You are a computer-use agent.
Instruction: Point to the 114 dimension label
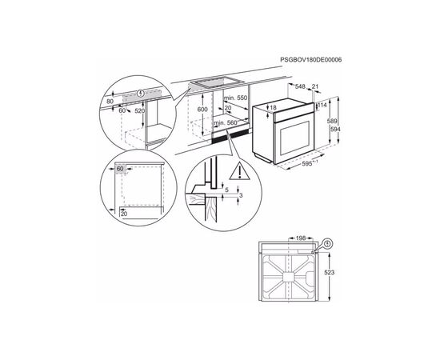click(x=322, y=104)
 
